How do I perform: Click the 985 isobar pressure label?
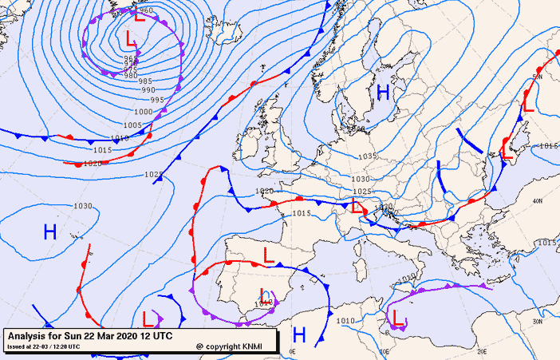point(144,81)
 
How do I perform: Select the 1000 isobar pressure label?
point(144,112)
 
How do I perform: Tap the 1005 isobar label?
point(132,125)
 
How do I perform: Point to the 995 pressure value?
point(157,100)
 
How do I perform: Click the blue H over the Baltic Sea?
point(383,93)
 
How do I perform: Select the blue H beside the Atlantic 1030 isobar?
point(49,232)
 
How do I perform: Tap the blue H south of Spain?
point(299,333)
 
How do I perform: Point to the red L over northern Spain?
point(269,256)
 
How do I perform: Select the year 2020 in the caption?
point(129,337)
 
